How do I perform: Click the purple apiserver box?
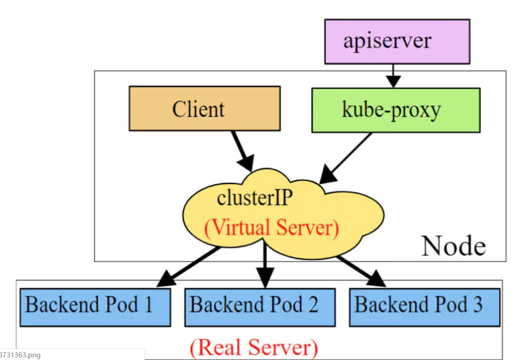pos(397,41)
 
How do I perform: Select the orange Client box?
pos(205,108)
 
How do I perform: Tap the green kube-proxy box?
pos(396,110)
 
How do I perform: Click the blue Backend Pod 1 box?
pos(95,307)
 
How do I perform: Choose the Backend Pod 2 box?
pos(260,307)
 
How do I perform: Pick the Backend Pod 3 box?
pos(424,307)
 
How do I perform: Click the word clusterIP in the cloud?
pos(254,198)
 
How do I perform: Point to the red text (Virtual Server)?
pos(272,227)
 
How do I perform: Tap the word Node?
pos(454,246)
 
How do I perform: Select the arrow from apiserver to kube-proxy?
pos(393,76)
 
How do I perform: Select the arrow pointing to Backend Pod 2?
pos(265,264)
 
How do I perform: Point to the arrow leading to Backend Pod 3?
pos(361,271)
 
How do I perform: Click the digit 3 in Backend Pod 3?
pos(477,304)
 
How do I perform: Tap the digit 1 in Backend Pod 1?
pos(148,304)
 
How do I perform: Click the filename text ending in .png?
pos(20,355)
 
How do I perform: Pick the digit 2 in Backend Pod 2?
pos(313,304)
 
